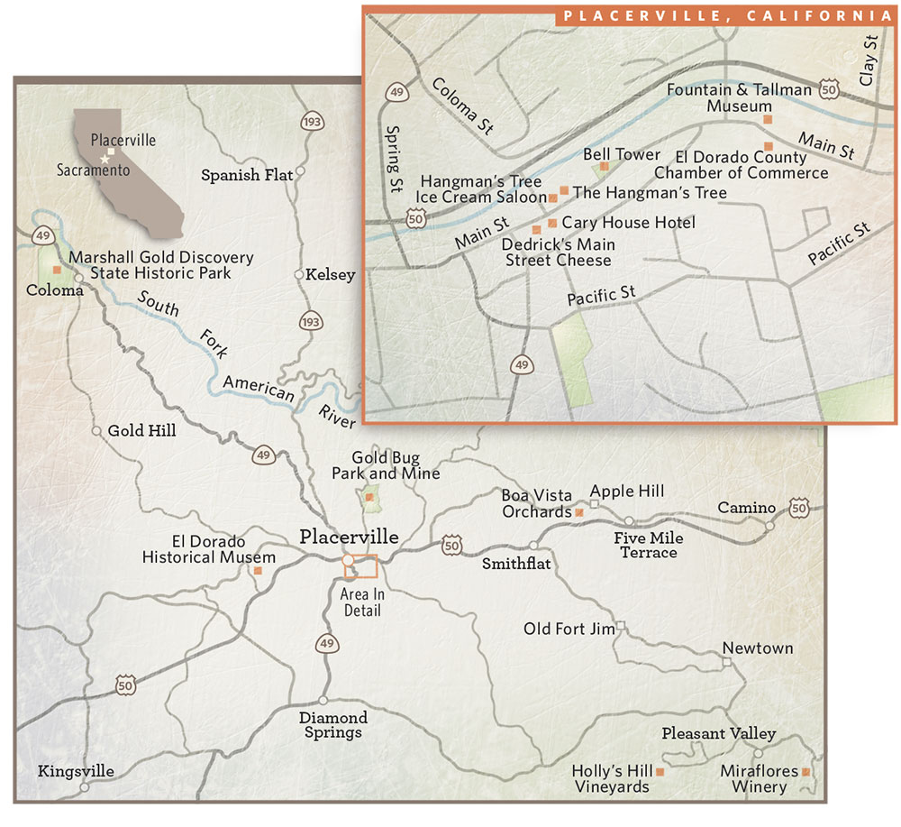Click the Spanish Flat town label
coord(247,175)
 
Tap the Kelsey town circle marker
coord(299,274)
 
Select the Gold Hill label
coord(141,431)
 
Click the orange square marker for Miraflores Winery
coord(806,773)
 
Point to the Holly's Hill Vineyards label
coord(611,779)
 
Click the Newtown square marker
coord(727,663)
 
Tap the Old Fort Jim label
coord(569,629)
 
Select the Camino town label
coord(746,509)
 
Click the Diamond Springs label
coord(333,724)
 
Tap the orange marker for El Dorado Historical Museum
coord(259,571)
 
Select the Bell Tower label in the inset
coord(622,155)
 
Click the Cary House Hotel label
coord(628,222)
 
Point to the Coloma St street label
coord(463,105)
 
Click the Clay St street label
coord(869,60)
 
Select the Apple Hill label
coord(627,491)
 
